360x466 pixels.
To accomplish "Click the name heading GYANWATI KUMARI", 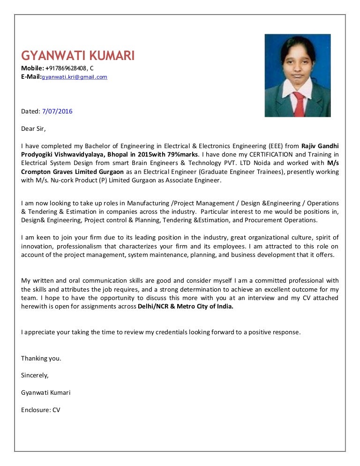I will coord(78,56).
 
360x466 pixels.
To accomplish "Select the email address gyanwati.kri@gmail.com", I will coord(75,76).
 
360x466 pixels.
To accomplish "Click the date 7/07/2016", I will coord(57,111).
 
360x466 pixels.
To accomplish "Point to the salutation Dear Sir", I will coord(34,128).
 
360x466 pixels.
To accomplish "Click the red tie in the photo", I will coord(298,103).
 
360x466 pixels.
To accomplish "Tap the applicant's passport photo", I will coord(298,75).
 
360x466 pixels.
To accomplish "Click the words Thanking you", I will coord(41,358).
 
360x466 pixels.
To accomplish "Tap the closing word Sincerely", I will coord(35,375).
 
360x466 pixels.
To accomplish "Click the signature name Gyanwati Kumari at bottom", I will coord(46,392).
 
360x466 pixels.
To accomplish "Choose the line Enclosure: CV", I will coord(41,409).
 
